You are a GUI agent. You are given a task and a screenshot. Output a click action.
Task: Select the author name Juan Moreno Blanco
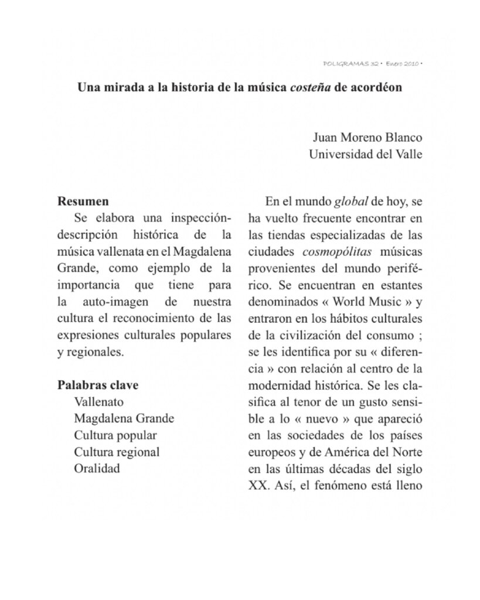point(367,139)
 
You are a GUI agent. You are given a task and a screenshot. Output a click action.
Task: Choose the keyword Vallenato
point(98,403)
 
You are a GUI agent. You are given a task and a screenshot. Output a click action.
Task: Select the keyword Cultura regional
point(117,452)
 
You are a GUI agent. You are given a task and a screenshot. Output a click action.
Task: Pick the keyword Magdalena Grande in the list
point(124,419)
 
